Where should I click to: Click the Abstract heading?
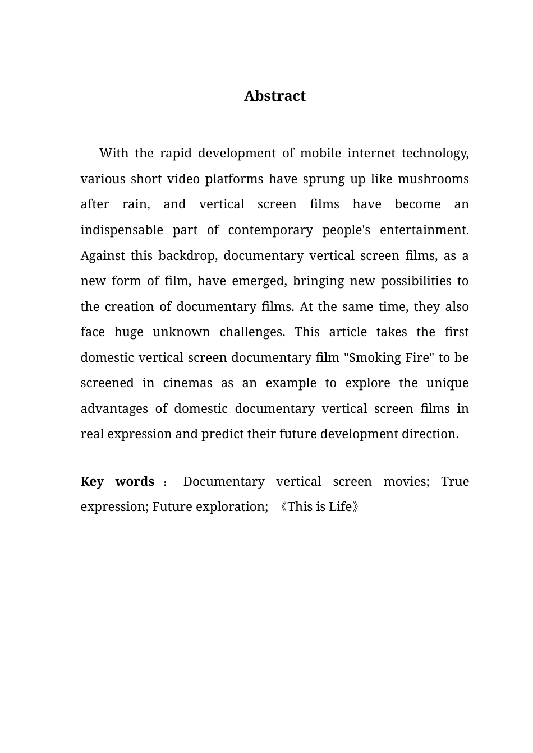coord(274,96)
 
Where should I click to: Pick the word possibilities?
coord(416,281)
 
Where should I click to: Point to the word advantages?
coord(114,408)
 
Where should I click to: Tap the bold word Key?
coord(92,481)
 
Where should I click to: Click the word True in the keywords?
coord(454,481)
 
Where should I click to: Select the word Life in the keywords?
coord(340,506)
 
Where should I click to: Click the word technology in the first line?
coord(435,154)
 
